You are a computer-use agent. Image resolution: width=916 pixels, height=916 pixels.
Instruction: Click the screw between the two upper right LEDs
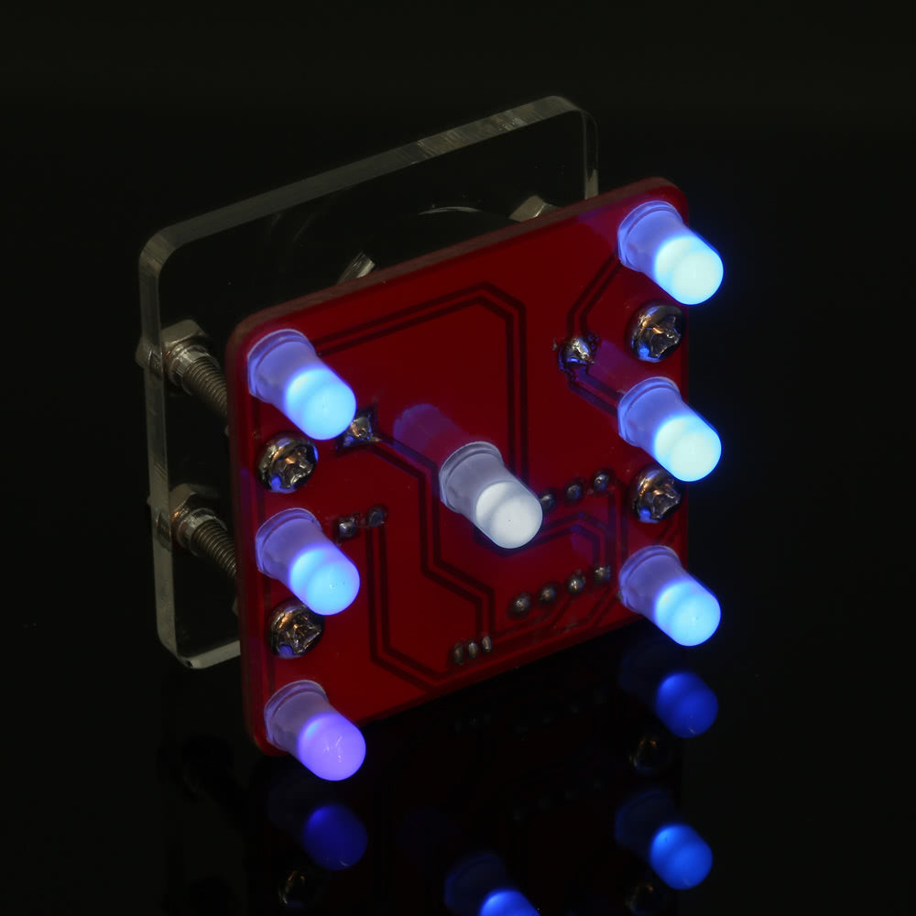click(657, 332)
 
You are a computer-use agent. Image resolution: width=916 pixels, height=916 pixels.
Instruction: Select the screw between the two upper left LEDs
click(288, 463)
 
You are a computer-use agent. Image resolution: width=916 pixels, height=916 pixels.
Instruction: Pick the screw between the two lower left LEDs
click(295, 629)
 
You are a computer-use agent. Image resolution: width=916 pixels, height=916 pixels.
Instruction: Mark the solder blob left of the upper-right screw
click(577, 350)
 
